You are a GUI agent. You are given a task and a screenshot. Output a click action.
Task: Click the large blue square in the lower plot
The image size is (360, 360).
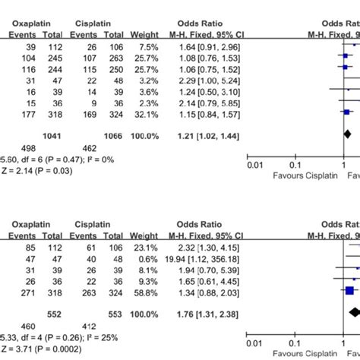350,289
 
